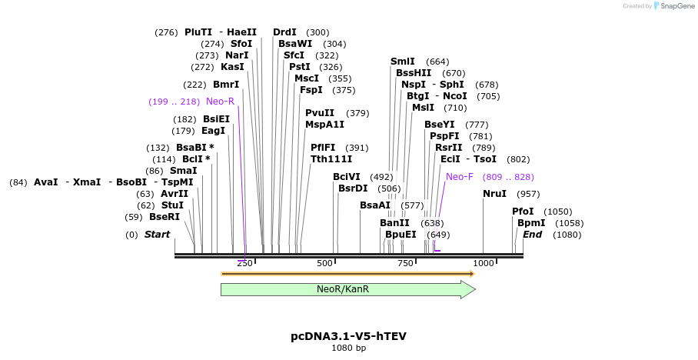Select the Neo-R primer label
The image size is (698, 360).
coord(220,102)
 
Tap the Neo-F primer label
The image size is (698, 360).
coord(460,177)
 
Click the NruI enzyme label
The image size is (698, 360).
coord(495,194)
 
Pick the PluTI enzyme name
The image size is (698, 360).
coord(198,32)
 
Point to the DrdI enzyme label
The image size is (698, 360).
coord(284,32)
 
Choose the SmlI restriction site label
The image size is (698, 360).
coord(403,62)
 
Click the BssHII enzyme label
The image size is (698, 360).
coord(414,73)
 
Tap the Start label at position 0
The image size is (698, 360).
coord(157,235)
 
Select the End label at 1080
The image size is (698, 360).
coord(533,235)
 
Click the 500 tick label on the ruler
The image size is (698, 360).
coord(324,264)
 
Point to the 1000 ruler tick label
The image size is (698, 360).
coord(484,264)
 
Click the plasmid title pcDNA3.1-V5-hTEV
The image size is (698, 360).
coord(348,336)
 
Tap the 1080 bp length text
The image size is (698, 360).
coord(348,348)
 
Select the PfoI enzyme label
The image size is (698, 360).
coord(523,212)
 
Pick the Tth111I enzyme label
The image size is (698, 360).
coord(331,159)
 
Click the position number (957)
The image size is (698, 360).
coord(528,194)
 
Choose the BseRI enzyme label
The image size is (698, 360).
coord(165,217)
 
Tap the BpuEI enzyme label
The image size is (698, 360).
coord(401,235)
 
